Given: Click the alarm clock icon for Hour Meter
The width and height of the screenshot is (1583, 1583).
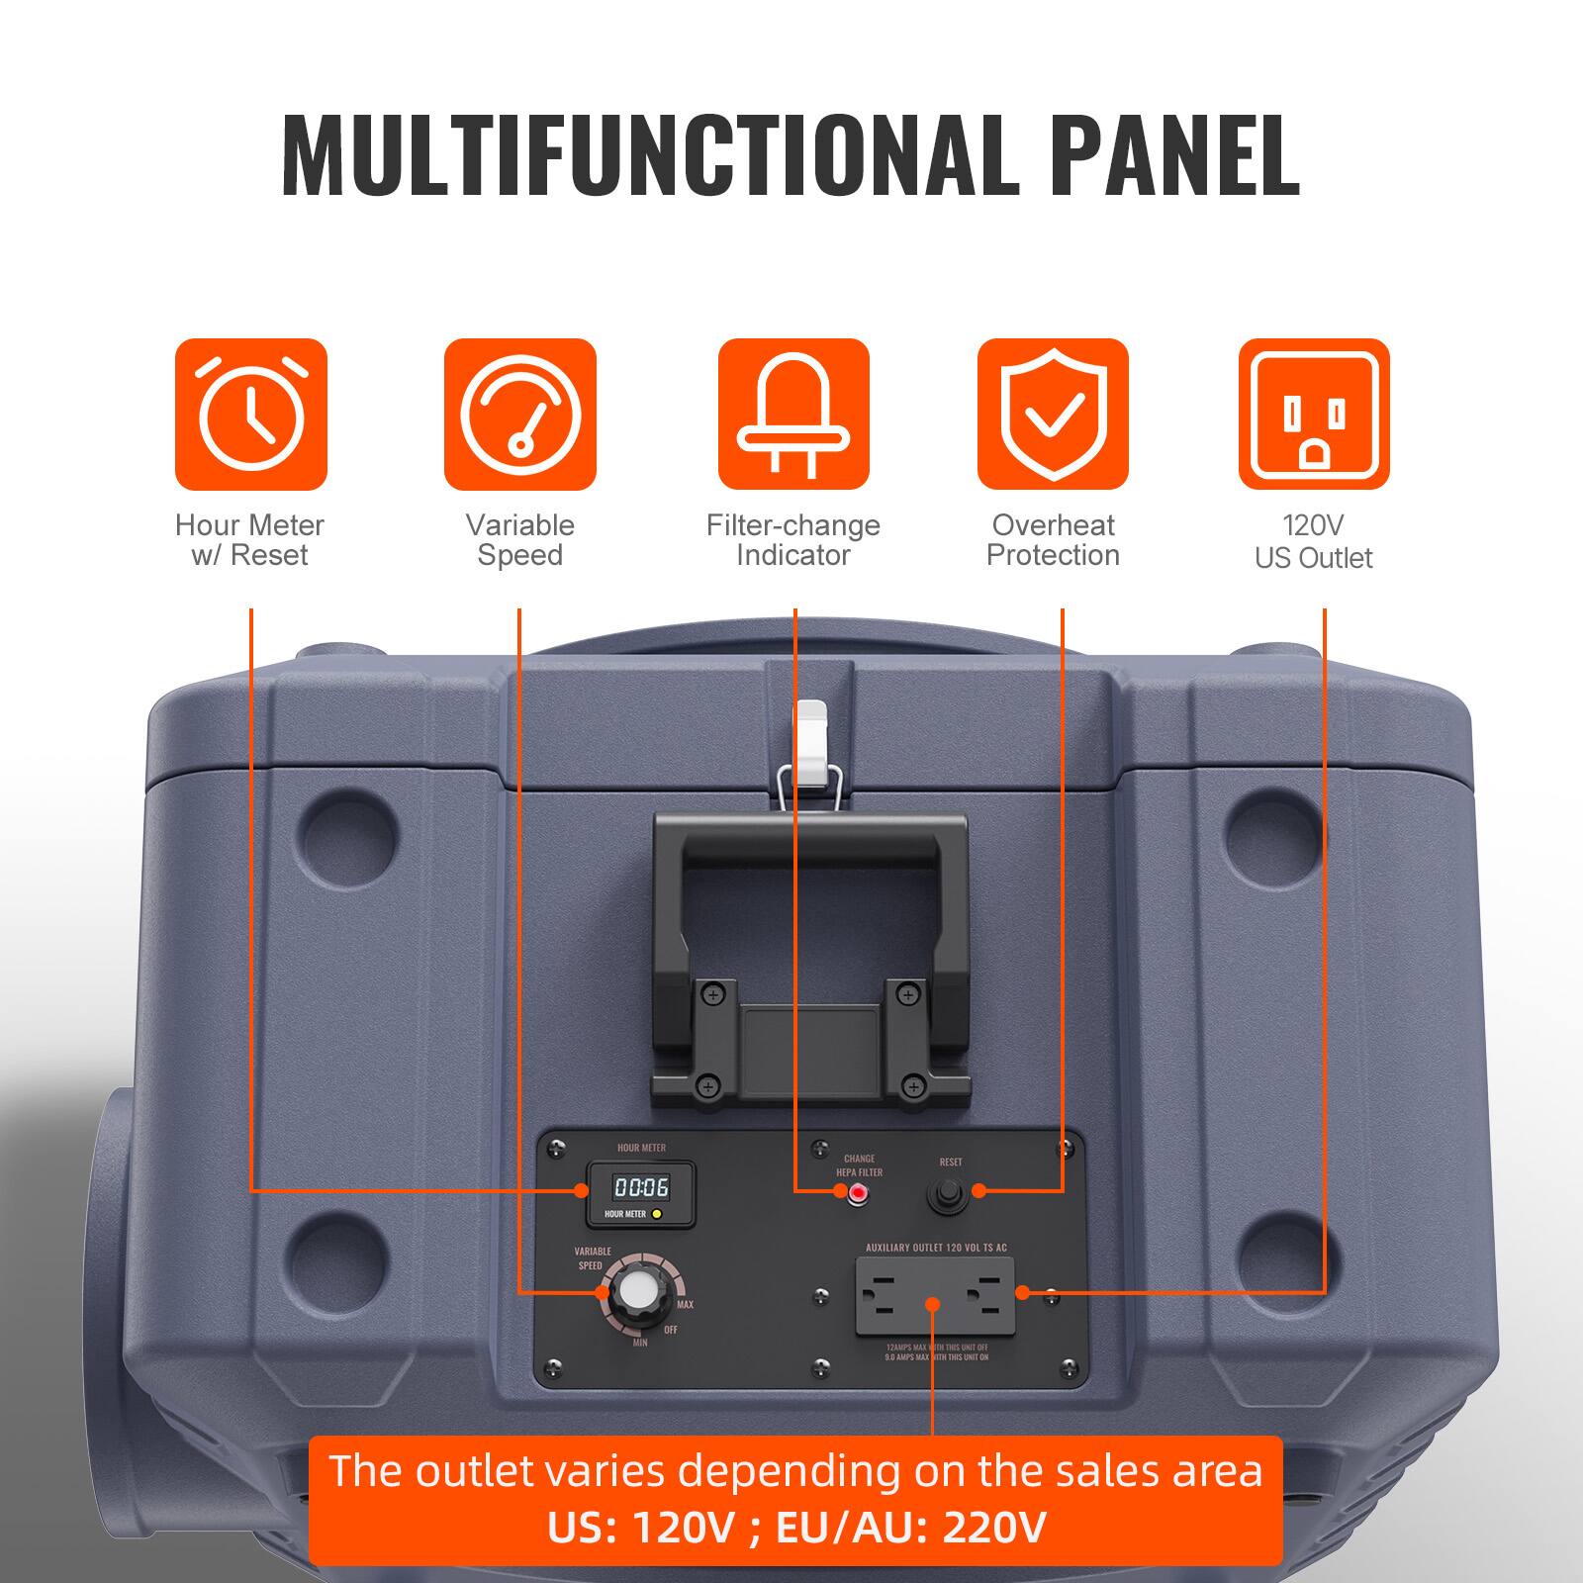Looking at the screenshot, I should point(250,414).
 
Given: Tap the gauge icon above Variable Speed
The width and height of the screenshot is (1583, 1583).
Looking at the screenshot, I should point(519,414).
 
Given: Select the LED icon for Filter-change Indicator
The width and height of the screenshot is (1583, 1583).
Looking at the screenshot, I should point(793,414).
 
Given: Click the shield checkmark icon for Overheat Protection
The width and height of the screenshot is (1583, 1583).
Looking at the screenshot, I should point(1053,414).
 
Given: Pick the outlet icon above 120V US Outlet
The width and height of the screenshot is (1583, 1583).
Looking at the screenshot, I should point(1314,414).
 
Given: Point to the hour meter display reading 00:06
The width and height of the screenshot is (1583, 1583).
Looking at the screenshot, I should point(641,1187).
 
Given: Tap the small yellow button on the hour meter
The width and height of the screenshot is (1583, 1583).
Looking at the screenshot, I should point(657,1213).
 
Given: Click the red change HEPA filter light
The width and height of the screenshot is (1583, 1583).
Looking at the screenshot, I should point(857,1193).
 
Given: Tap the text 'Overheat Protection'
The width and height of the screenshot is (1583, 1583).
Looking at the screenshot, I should point(1053,540).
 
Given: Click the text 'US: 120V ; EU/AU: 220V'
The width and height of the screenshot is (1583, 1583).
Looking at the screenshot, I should point(796,1528).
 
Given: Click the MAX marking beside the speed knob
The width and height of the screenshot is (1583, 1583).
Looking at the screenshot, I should point(685,1305).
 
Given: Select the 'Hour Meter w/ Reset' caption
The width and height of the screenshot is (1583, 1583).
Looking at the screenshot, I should point(249,540).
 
